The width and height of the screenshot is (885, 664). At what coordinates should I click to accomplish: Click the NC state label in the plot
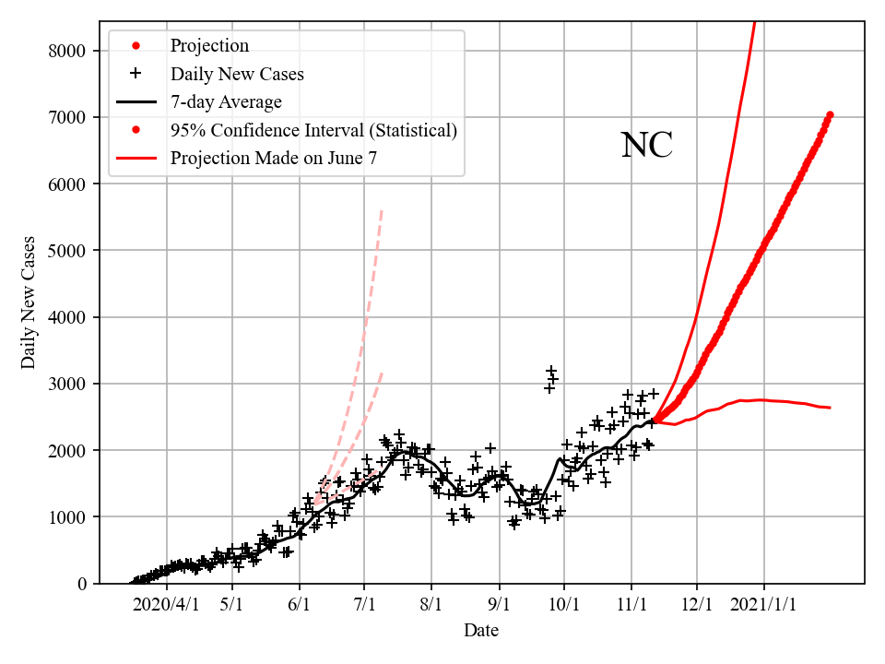tap(646, 146)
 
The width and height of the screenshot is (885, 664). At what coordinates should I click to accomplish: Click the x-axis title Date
tap(481, 631)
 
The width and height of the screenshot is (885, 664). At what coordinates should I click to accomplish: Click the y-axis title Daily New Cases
tap(29, 302)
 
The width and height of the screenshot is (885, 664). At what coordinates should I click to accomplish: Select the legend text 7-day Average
tap(226, 102)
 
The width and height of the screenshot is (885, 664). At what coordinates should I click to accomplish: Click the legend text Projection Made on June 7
tap(274, 159)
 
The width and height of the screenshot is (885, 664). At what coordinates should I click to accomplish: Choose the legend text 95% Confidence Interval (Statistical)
tap(313, 130)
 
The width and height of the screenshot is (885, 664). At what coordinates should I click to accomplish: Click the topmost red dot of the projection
tap(830, 114)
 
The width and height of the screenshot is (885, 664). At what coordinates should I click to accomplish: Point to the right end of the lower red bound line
tap(830, 408)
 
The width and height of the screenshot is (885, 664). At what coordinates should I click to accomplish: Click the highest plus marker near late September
tap(550, 371)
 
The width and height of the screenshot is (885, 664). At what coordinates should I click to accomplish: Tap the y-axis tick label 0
tap(83, 584)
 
